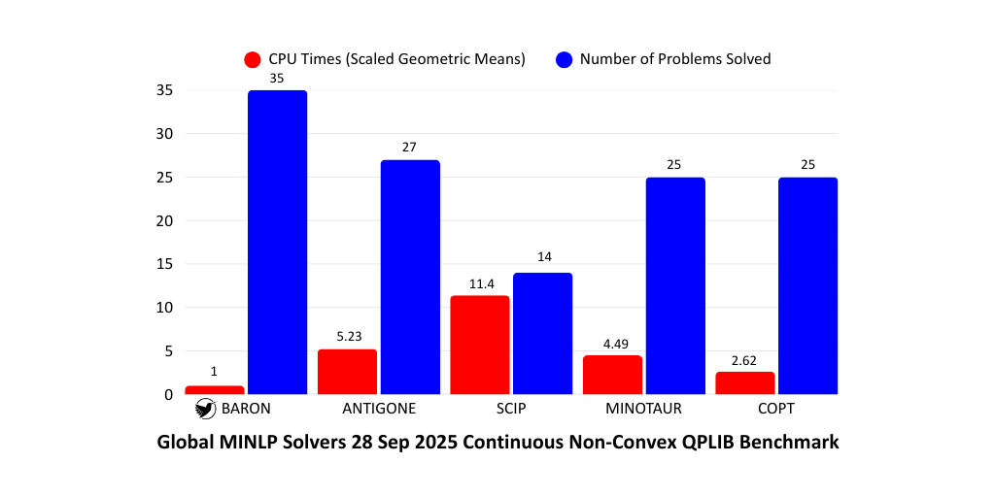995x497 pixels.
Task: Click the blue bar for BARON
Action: coord(277,243)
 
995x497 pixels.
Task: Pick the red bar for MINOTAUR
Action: coord(612,376)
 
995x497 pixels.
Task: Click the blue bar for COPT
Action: coord(807,286)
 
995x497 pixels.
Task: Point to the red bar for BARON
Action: coord(215,390)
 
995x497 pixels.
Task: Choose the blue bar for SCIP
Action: coord(542,334)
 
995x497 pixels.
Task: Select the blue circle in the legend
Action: coord(564,59)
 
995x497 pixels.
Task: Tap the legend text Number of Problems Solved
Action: coord(675,59)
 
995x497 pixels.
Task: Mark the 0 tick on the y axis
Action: coord(168,394)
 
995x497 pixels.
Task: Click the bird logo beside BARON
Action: coord(204,410)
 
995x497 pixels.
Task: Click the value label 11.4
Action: coord(480,284)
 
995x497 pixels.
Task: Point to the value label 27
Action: coord(410,148)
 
